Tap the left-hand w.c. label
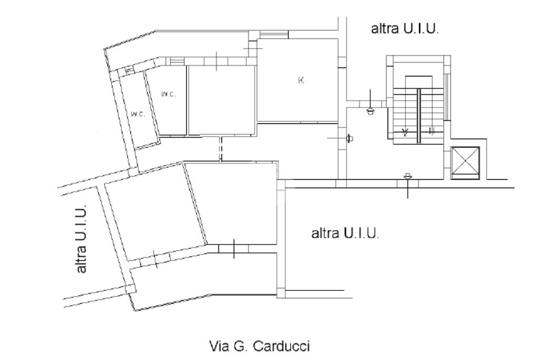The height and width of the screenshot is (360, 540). pos(138,114)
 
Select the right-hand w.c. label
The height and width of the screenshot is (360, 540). pos(168,94)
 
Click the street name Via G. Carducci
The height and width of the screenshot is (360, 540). pos(259,346)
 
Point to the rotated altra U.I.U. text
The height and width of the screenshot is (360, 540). pos(81,238)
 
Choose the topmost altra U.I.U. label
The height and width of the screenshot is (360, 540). pos(406,29)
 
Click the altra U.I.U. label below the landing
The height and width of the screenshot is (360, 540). pos(346,232)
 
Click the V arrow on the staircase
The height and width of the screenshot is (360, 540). pos(405,132)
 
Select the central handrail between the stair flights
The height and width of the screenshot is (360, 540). pos(419,115)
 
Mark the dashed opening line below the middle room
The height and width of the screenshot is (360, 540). pos(221,149)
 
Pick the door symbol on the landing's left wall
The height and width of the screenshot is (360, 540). pos(348,139)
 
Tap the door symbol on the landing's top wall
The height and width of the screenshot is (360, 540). pos(370,109)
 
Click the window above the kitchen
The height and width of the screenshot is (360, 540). pos(274,35)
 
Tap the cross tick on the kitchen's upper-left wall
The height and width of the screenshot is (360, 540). pos(252,47)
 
